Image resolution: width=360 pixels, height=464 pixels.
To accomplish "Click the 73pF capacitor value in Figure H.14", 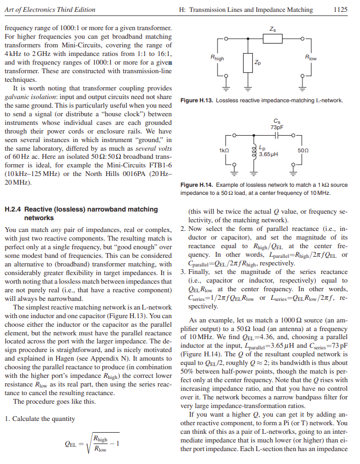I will [277, 128].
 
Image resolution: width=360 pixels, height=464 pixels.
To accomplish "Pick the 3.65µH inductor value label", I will [268, 154].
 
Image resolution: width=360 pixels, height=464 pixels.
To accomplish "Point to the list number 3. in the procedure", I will [182, 272].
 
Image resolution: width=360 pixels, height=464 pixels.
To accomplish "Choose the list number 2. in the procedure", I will [182, 229].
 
